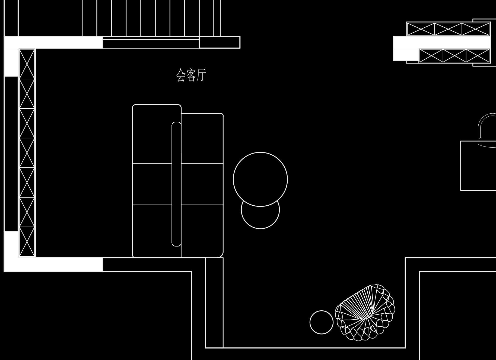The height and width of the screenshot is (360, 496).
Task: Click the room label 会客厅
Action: (191, 75)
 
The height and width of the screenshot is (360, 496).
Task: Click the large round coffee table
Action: (260, 179)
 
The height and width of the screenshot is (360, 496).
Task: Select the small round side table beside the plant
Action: (321, 322)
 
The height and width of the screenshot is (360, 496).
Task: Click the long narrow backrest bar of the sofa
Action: (176, 184)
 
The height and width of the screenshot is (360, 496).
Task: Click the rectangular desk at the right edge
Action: (478, 166)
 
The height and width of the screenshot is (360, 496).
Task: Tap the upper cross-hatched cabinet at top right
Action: (448, 29)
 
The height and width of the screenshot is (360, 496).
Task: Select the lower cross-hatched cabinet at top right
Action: (454, 56)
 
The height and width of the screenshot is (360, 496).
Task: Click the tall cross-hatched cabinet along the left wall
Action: (27, 153)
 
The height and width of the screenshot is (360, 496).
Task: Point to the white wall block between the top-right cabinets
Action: (442, 42)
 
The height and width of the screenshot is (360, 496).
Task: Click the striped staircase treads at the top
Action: (151, 18)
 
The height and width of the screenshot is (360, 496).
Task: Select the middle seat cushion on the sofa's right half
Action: (202, 184)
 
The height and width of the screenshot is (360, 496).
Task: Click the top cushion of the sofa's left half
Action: (152, 134)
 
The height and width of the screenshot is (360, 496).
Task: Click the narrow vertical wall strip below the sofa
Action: (214, 302)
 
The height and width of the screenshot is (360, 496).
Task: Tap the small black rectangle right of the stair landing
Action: (220, 42)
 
